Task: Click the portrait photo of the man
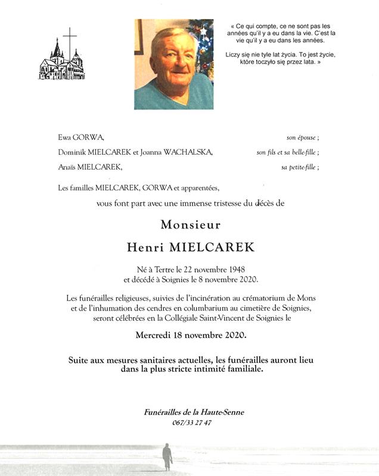tap(173, 64)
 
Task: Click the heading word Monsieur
tap(190, 225)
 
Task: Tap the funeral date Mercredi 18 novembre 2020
tap(190, 335)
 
